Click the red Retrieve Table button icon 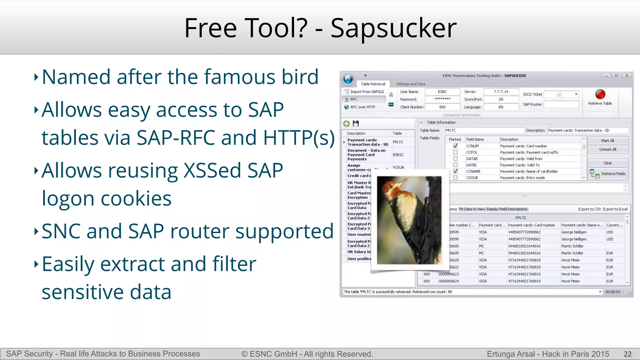(600, 94)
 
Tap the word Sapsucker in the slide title (393, 28)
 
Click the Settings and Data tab (410, 84)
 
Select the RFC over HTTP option (362, 107)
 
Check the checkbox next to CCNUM (455, 146)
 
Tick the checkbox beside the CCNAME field (455, 171)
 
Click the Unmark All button (607, 149)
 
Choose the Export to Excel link (615, 209)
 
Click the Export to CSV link (589, 209)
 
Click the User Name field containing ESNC (442, 92)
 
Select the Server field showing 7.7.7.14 (501, 92)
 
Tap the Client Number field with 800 (442, 107)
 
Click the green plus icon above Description (346, 123)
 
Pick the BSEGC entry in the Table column (398, 155)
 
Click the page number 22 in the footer (627, 354)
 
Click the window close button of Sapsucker (627, 76)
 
